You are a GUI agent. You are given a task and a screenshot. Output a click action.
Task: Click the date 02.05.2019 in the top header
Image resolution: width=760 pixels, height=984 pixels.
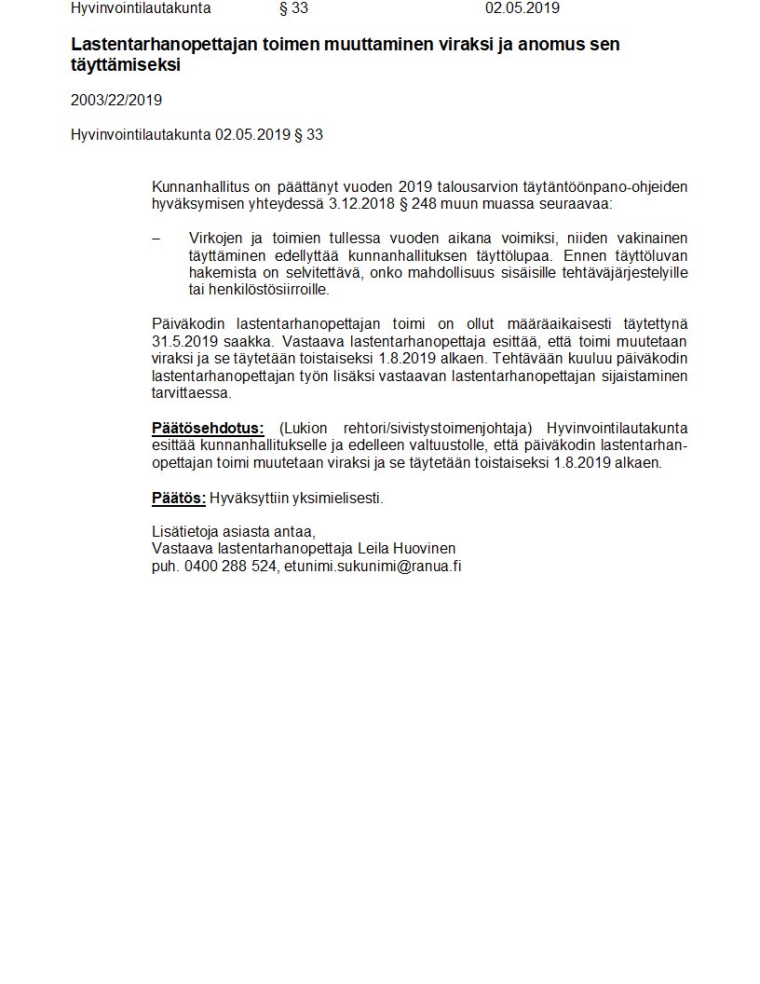coord(522,8)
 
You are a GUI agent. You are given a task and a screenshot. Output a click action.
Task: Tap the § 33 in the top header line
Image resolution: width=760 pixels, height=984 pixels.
coord(293,8)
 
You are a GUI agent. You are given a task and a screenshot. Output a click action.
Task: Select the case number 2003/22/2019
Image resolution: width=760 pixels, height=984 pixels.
coord(115,100)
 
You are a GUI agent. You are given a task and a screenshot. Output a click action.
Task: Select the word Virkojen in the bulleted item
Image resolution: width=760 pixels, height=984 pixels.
coord(216,238)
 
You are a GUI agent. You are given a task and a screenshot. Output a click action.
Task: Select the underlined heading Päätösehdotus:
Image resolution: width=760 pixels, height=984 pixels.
coord(208,429)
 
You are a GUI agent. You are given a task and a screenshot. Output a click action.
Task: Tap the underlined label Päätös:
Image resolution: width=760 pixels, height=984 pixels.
coord(178,498)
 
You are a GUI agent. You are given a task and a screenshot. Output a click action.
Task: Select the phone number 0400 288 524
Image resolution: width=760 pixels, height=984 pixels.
coord(230,565)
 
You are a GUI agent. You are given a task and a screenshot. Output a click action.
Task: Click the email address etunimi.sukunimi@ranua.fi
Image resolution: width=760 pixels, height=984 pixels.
coord(373,565)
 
